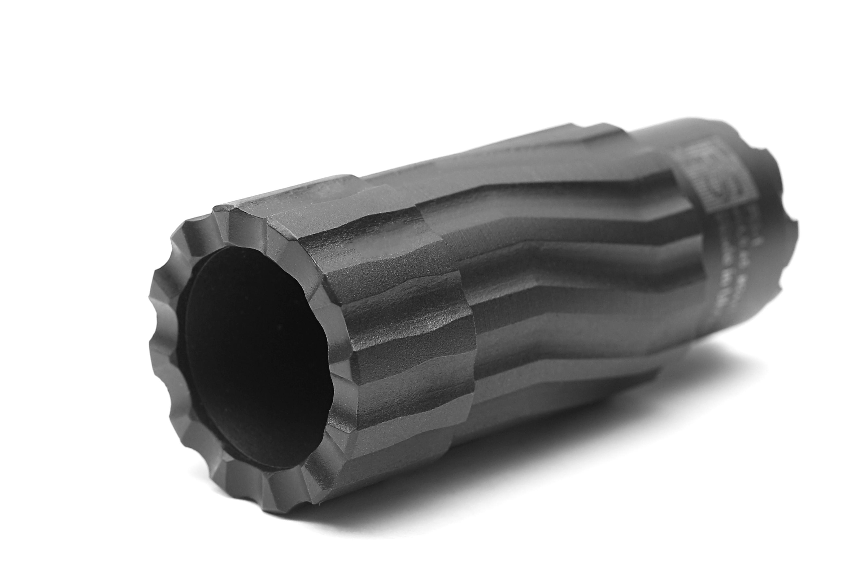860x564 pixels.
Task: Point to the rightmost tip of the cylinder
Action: [798, 231]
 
